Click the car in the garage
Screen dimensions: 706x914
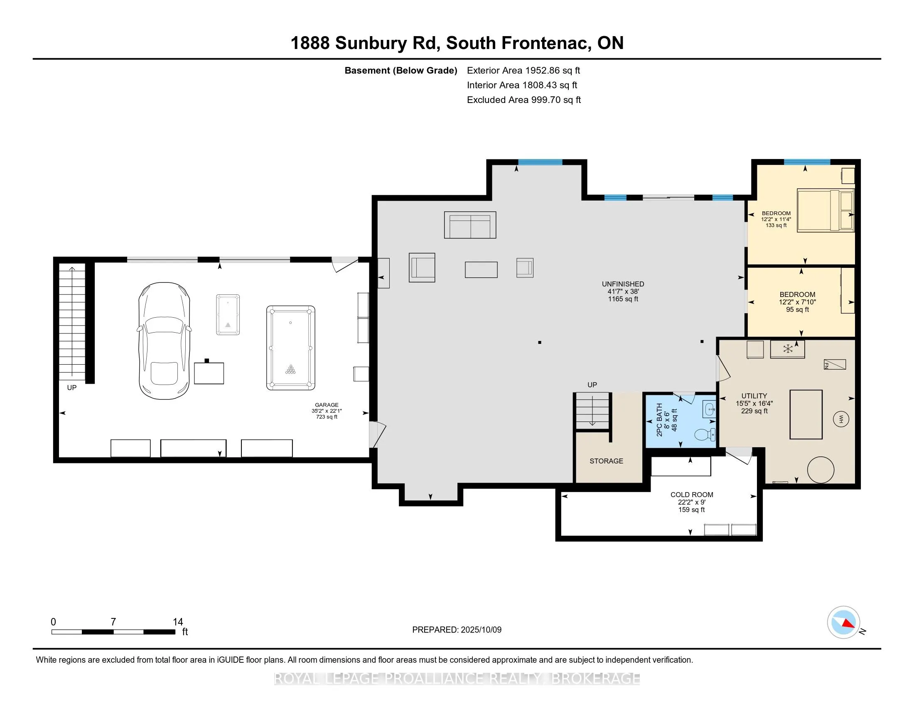point(164,341)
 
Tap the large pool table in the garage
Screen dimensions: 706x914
point(290,348)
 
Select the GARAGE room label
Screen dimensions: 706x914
point(327,405)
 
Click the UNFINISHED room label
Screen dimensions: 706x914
point(623,284)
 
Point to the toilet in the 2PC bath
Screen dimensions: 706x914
point(705,435)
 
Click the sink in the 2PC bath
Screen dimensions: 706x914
point(709,409)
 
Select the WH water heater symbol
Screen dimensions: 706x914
point(841,419)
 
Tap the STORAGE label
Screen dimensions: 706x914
point(606,461)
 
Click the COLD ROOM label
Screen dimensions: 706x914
point(691,494)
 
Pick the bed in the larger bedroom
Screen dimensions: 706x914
point(824,211)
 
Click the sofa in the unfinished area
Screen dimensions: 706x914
point(470,225)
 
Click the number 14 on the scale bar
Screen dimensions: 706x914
point(178,622)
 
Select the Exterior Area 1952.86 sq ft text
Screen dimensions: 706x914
point(523,70)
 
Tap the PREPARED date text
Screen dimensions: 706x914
point(457,630)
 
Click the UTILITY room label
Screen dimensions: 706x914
point(754,396)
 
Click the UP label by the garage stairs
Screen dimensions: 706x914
point(71,388)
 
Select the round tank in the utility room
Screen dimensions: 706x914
point(820,470)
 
